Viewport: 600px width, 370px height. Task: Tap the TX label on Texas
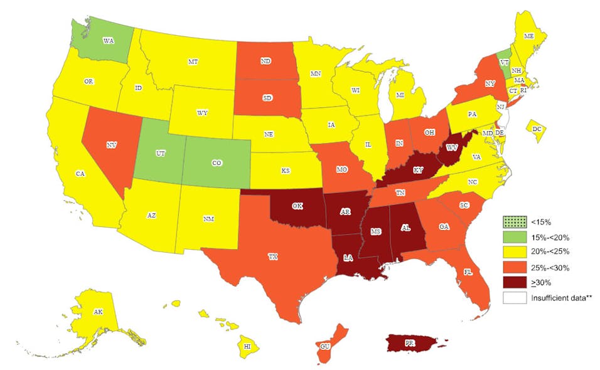tap(272, 256)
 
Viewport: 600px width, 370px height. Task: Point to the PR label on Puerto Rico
tap(409, 344)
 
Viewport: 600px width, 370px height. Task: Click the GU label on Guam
tap(324, 346)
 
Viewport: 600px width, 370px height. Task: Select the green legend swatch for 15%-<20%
tap(512, 236)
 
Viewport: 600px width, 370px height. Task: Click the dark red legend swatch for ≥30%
tap(512, 283)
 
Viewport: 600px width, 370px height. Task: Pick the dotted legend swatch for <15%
tap(512, 221)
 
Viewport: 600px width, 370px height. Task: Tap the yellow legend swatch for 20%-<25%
tap(512, 252)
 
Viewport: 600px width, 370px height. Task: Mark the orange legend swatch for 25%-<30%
tap(512, 267)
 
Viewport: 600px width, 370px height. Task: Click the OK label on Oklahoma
tap(297, 205)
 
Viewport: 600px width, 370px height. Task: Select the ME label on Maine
tap(529, 55)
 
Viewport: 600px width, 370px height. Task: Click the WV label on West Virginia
tap(451, 147)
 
